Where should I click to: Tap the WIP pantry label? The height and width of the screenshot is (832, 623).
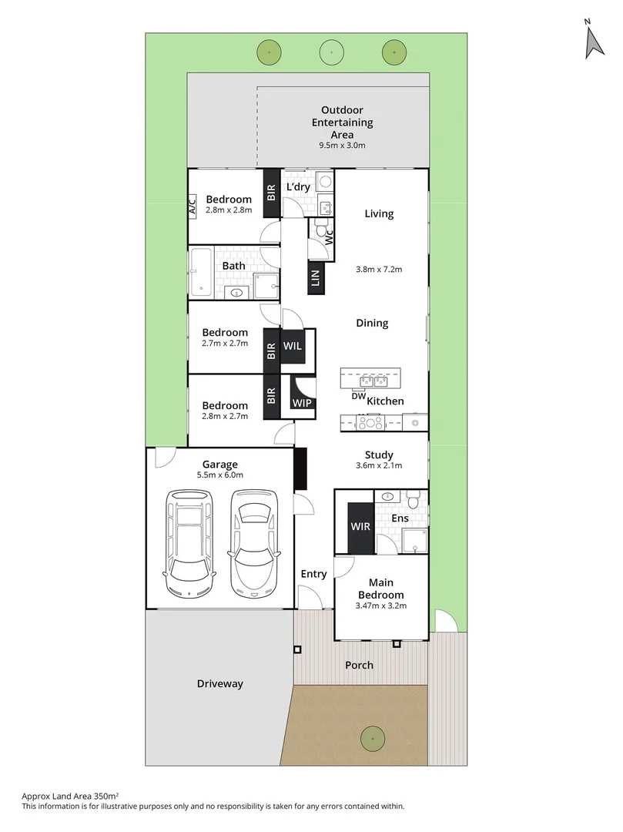tap(301, 402)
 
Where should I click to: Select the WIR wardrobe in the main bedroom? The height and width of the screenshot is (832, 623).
tap(360, 527)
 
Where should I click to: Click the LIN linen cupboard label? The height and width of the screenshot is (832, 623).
tap(316, 278)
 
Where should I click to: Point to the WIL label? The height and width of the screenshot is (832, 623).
tap(293, 347)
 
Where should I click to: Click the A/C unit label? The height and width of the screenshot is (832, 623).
tap(193, 206)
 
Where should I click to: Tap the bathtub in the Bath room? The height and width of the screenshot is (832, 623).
tap(201, 273)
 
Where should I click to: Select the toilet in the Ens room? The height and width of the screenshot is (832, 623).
tap(414, 502)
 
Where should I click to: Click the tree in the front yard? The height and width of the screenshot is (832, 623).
tap(373, 737)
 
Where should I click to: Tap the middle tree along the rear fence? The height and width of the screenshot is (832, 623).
tap(331, 52)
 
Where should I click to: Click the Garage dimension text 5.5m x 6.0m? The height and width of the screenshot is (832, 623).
tap(220, 476)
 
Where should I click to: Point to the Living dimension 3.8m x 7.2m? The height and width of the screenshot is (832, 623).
tap(380, 270)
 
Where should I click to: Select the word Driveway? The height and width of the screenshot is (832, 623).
tap(219, 683)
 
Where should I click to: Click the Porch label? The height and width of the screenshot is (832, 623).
tap(359, 665)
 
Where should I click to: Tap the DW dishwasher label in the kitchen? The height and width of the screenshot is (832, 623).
tap(357, 397)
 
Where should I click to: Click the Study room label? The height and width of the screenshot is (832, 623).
tap(379, 455)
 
